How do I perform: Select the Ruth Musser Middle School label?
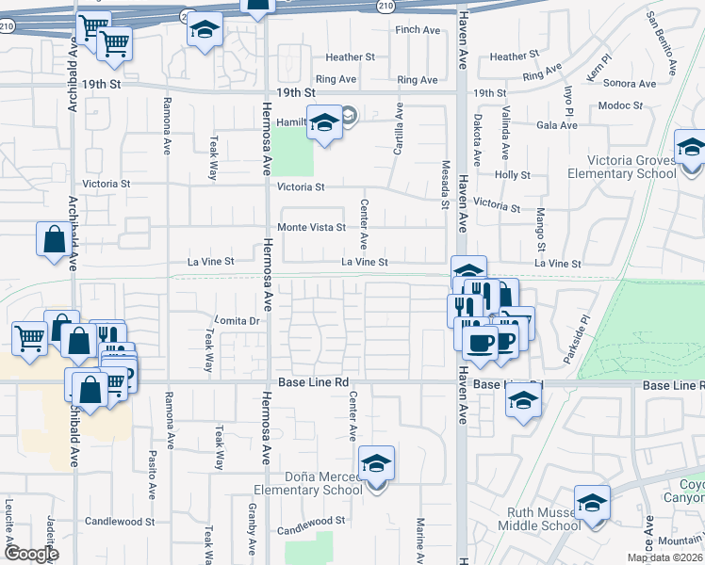pos(532,519)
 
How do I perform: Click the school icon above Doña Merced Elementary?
pos(376,464)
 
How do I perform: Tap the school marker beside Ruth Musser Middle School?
pos(593,504)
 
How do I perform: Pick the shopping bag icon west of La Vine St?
pos(54,240)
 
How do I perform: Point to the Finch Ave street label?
pos(418,30)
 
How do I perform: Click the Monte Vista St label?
pos(311,228)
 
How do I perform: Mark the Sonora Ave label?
pos(633,84)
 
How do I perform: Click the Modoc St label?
pos(619,105)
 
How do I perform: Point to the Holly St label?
pos(513,175)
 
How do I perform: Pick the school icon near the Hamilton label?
pos(324,123)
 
